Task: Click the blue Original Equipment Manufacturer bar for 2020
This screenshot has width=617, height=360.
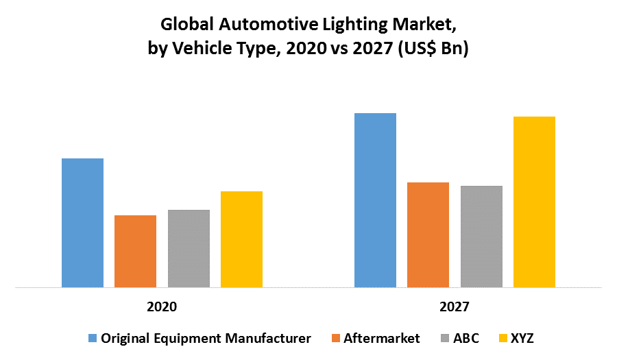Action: (82, 223)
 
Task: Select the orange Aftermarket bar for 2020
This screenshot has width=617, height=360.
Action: (135, 251)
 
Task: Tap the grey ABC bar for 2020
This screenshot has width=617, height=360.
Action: (189, 248)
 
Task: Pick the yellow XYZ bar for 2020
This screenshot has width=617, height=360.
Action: (241, 239)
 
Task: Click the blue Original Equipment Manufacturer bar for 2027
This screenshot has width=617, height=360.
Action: (375, 200)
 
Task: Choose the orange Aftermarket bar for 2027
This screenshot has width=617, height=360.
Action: (428, 235)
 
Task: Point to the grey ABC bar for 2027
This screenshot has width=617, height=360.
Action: (481, 237)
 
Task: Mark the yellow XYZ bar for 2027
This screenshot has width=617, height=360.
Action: (534, 202)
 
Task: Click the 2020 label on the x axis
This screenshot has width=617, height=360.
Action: (162, 307)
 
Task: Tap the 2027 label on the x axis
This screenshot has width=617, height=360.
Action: (455, 307)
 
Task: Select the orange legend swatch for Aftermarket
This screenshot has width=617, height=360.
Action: (335, 338)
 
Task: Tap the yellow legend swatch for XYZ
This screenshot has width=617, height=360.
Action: (503, 338)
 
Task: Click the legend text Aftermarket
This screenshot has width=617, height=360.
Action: (383, 338)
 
